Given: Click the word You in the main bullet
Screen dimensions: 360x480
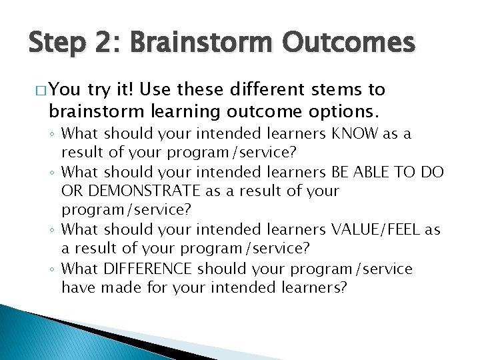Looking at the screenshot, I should coord(63,90).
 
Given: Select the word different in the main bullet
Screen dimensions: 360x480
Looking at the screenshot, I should coord(271,90).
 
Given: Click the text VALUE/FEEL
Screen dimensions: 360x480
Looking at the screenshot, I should coord(378,230).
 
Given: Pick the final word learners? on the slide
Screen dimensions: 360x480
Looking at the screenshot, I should coord(309,288).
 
